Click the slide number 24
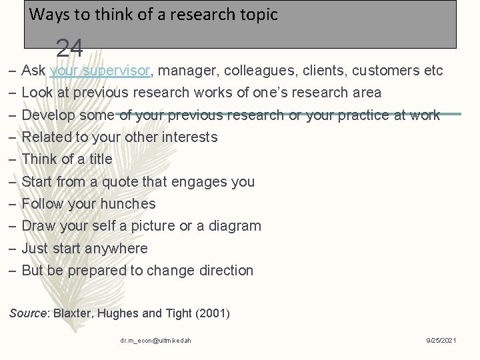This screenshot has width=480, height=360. [69, 48]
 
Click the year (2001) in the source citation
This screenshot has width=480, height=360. [211, 313]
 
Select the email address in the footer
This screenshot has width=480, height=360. [155, 341]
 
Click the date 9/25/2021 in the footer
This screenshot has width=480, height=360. [441, 341]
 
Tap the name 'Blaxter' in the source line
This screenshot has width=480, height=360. [73, 313]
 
